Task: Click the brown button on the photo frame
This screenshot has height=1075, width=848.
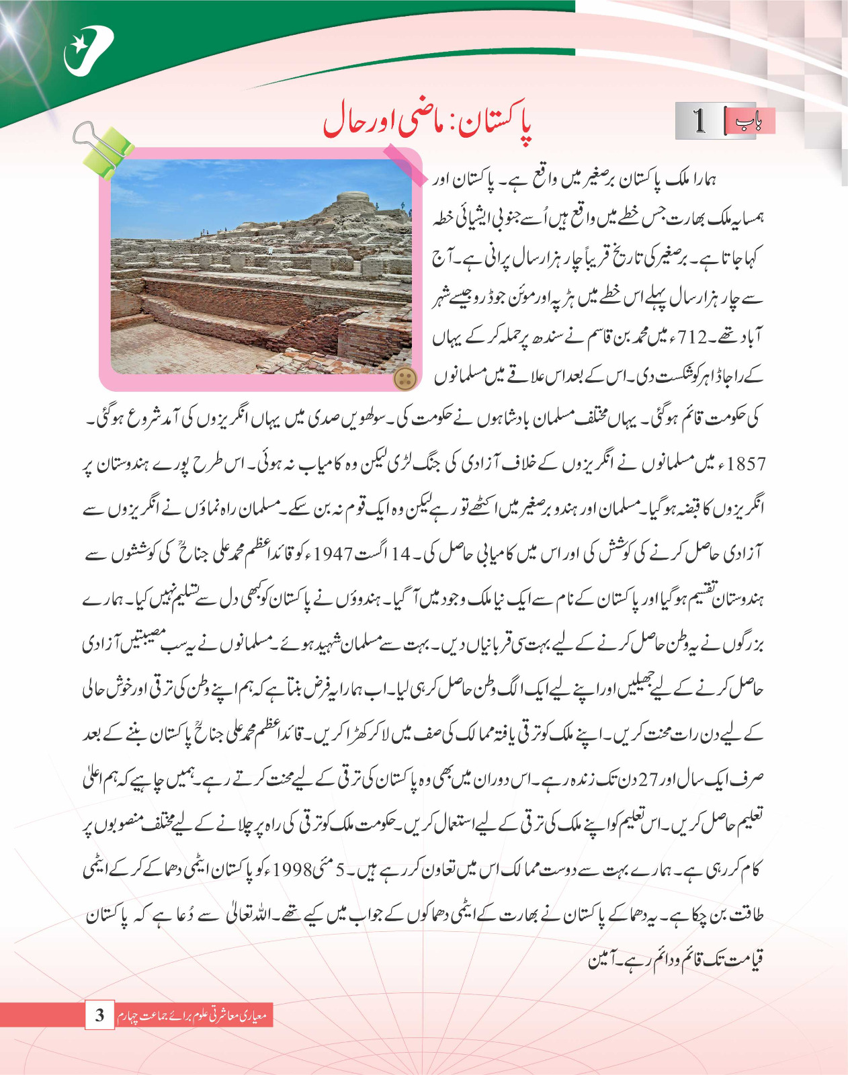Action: [x=405, y=378]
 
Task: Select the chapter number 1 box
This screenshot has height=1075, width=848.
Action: [x=699, y=121]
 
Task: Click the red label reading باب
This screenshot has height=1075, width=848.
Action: [x=750, y=121]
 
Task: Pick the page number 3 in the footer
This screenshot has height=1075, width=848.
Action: [x=99, y=1015]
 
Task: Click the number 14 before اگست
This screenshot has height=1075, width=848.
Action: [x=400, y=554]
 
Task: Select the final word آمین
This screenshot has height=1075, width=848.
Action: [x=601, y=961]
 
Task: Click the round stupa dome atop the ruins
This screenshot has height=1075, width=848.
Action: [x=355, y=199]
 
